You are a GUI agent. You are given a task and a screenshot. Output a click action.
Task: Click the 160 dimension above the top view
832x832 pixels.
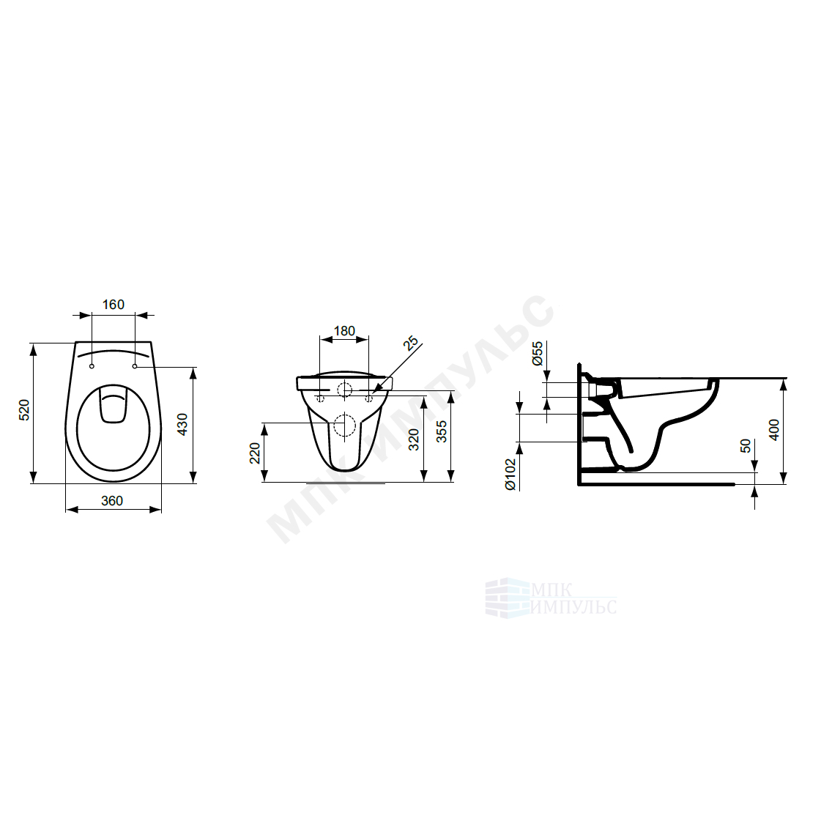(x=113, y=305)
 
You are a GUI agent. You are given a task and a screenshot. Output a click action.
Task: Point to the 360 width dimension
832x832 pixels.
(x=112, y=501)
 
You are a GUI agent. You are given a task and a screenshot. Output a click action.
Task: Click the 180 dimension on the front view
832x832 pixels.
(x=343, y=331)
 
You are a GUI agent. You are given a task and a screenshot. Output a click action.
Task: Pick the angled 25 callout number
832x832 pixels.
(x=411, y=343)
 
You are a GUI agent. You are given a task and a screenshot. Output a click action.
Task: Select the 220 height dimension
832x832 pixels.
(x=255, y=453)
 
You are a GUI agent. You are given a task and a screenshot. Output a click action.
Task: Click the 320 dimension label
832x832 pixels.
(x=414, y=439)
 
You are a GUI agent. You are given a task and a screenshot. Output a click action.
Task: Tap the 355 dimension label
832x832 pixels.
(x=441, y=431)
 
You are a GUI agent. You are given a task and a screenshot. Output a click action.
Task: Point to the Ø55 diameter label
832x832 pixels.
(x=538, y=353)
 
